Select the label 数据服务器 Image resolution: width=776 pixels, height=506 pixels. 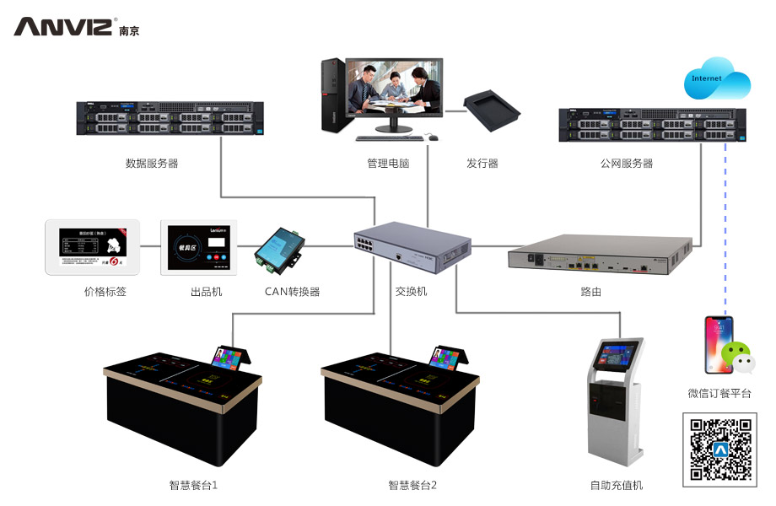[152, 164]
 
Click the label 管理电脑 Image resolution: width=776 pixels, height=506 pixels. [388, 164]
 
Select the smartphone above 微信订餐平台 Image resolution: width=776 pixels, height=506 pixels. [718, 343]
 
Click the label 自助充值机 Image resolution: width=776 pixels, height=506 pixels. [616, 485]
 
